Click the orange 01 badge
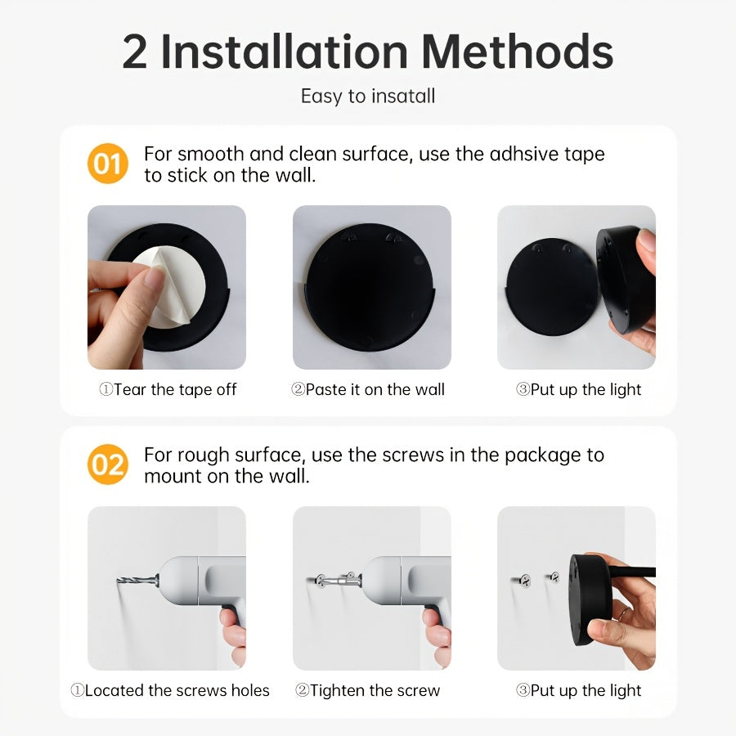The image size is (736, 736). click(107, 164)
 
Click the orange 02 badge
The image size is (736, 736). click(107, 464)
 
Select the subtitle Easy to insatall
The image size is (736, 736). click(368, 96)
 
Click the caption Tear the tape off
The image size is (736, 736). click(168, 390)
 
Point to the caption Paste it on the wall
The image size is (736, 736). click(368, 390)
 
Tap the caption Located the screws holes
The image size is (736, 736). click(169, 691)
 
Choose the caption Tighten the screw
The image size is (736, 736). click(368, 691)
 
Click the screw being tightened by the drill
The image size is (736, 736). click(330, 580)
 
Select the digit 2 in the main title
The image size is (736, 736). click(135, 52)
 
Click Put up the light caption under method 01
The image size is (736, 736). click(578, 390)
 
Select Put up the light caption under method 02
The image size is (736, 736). click(578, 691)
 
